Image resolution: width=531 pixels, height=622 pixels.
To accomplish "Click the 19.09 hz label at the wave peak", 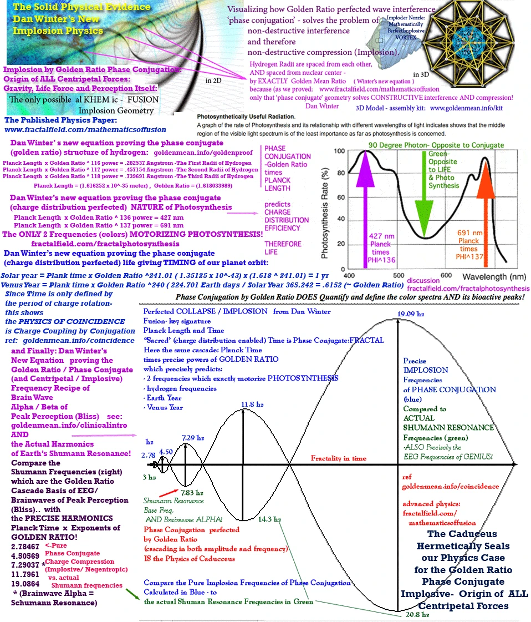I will click(411, 315).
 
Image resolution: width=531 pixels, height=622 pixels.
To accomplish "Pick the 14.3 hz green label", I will click(270, 519).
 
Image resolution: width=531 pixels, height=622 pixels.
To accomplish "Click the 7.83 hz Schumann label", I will click(191, 492).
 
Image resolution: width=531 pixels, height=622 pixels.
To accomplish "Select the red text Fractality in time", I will click(338, 458).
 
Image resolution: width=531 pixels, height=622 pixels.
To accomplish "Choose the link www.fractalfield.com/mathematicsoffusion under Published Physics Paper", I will click(85, 129).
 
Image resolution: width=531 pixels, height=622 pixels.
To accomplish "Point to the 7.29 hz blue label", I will click(191, 423).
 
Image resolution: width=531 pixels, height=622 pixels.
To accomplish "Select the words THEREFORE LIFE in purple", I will click(283, 247).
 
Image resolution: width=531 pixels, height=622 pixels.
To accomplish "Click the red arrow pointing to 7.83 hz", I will click(168, 491).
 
